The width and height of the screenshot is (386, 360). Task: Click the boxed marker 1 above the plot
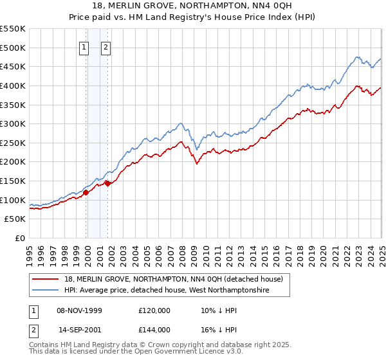[x=85, y=46]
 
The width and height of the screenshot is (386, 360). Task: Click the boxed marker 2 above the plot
[x=106, y=46]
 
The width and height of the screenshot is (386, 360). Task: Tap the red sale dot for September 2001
[x=107, y=183]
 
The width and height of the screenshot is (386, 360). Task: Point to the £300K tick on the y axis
[x=12, y=123]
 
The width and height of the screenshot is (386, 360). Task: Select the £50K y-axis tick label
[x=15, y=219]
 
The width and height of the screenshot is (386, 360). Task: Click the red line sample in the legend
[x=46, y=279]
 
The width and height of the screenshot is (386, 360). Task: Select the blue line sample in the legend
[x=46, y=291]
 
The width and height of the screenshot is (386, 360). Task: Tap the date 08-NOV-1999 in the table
[x=79, y=310]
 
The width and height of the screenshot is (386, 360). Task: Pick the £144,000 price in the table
[x=154, y=329]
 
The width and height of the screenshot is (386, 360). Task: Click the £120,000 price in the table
[x=154, y=310]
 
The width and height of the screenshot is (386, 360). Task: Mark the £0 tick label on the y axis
[x=20, y=239]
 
